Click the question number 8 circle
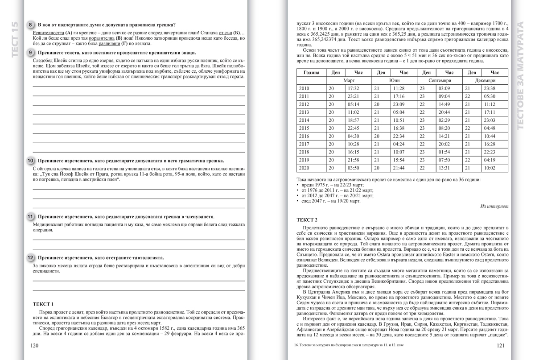point(30,25)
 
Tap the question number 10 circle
point(30,161)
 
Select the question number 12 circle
point(30,257)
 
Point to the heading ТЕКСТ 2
point(307,220)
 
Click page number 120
point(34,345)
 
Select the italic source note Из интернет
point(494,207)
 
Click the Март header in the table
point(349,80)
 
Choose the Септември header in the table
point(440,80)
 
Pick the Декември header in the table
point(485,80)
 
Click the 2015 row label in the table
point(304,128)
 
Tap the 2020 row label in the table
point(304,168)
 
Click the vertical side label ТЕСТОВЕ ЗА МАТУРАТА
point(520,76)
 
